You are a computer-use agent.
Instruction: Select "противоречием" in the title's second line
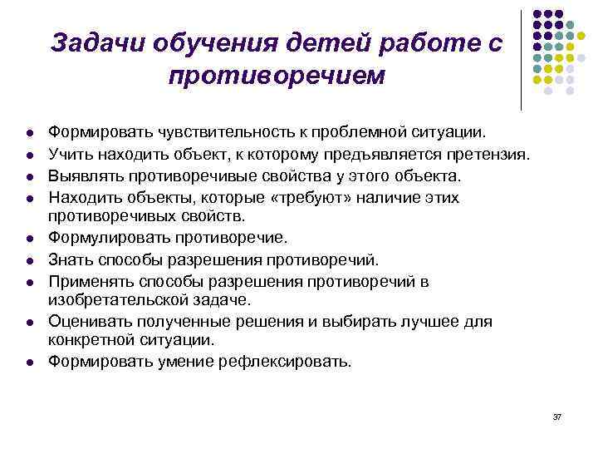(277, 76)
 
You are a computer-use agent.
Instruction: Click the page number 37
(556, 416)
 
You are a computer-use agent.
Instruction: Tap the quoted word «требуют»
(275, 198)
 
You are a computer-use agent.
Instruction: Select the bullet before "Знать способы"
(28, 260)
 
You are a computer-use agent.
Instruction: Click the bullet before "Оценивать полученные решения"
(28, 321)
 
